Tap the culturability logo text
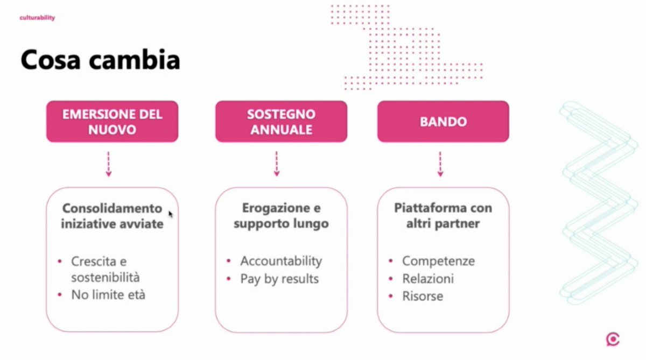point(37,18)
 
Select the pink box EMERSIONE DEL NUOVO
point(112,122)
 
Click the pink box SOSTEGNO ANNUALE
point(281,122)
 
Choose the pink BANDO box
point(443,122)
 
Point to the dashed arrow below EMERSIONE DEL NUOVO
point(109,164)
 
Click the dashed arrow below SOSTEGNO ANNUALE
point(277,164)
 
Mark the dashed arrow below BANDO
point(440,164)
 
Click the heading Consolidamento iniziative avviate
point(112,216)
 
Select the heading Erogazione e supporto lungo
point(281,216)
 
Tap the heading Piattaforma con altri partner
point(443,216)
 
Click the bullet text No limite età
point(108,295)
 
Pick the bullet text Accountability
point(281,261)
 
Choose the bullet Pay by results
point(279,279)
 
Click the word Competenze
point(438,261)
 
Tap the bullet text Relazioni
point(428,279)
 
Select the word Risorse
point(423,296)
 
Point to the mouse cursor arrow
point(171,214)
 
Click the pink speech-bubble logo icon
point(612,340)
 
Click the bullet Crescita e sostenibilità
point(105,270)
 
